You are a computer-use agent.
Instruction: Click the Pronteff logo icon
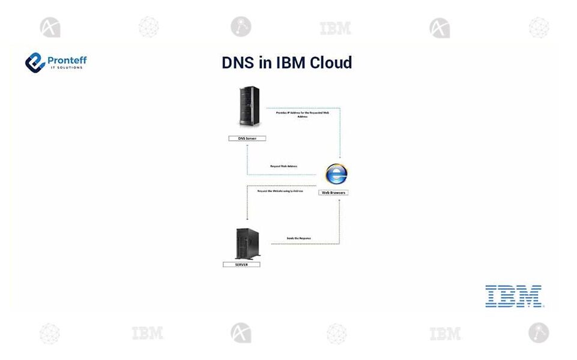[35, 62]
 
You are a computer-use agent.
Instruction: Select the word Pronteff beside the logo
[67, 59]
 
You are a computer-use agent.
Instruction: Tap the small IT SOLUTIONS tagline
[67, 67]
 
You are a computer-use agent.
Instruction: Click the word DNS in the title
[238, 62]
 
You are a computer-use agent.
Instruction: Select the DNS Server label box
[247, 138]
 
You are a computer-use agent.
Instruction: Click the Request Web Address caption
[283, 166]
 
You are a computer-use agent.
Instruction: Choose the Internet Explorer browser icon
[336, 174]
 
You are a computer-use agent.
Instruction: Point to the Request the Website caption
[280, 191]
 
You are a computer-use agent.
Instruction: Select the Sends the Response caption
[298, 238]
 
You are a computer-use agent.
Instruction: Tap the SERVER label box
[241, 264]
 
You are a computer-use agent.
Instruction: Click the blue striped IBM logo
[514, 296]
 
